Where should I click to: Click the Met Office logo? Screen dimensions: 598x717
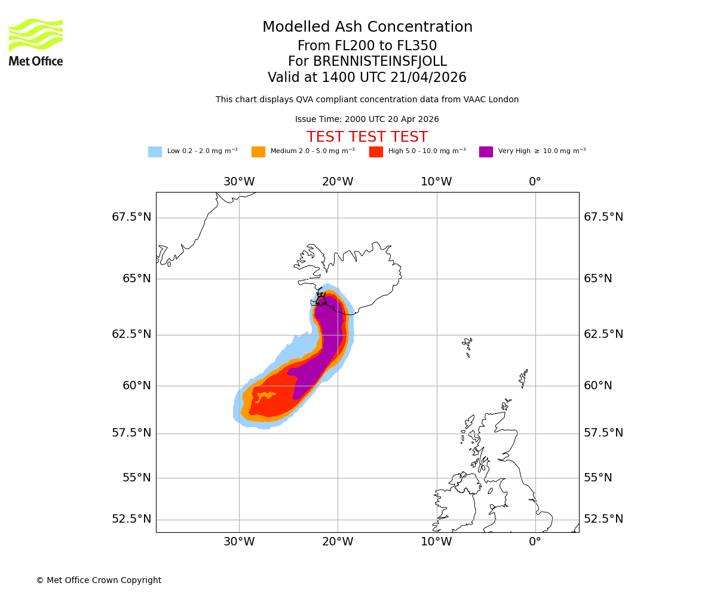(36, 42)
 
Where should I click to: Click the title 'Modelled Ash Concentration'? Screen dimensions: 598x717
(367, 28)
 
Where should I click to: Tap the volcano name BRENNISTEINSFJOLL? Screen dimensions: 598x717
(367, 62)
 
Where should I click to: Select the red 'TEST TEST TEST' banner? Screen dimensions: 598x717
(367, 137)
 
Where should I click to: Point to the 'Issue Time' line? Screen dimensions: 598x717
(367, 120)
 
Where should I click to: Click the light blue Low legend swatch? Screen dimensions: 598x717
(155, 152)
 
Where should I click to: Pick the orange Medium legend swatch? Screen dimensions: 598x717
(258, 152)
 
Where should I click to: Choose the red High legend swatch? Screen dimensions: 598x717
(376, 152)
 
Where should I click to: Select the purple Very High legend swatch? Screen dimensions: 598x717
(486, 152)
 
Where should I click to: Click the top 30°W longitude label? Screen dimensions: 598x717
(239, 182)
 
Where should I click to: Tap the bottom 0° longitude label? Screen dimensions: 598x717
(535, 542)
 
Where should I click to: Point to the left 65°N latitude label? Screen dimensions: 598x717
(137, 279)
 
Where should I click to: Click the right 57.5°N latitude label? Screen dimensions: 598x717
(603, 433)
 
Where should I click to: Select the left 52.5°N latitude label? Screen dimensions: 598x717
(131, 519)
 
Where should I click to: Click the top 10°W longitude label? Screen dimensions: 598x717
(436, 182)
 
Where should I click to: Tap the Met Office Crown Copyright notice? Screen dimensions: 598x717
(99, 580)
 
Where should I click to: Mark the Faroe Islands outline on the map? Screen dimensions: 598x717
(468, 346)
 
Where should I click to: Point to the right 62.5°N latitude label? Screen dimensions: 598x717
(603, 334)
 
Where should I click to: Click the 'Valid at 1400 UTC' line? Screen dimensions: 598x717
(367, 78)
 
